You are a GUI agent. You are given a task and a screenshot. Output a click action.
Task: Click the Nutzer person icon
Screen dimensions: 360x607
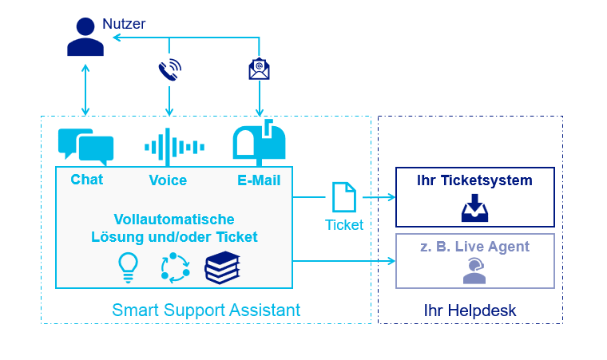pyautogui.click(x=85, y=38)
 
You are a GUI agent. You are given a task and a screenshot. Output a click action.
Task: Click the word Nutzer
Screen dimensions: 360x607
pyautogui.click(x=125, y=24)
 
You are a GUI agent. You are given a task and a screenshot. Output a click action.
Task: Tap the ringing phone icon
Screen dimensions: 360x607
pyautogui.click(x=169, y=70)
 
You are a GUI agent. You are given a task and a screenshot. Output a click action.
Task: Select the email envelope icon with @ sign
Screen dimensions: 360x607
pyautogui.click(x=259, y=70)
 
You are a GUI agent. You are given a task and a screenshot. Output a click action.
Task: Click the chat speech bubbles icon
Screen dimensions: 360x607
pyautogui.click(x=86, y=146)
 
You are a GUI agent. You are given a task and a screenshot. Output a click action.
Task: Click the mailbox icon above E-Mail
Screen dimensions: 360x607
pyautogui.click(x=257, y=143)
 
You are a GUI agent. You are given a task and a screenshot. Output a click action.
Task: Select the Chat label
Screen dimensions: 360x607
pyautogui.click(x=87, y=180)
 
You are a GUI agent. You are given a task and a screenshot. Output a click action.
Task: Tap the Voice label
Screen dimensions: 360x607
pyautogui.click(x=168, y=180)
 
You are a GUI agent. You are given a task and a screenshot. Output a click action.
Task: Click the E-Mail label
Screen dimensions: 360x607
pyautogui.click(x=258, y=180)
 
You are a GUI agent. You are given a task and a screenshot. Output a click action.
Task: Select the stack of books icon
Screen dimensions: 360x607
pyautogui.click(x=222, y=267)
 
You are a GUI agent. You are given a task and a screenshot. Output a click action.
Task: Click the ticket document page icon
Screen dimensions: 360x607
pyautogui.click(x=343, y=198)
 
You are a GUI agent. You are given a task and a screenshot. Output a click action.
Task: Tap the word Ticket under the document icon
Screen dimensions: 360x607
pyautogui.click(x=344, y=225)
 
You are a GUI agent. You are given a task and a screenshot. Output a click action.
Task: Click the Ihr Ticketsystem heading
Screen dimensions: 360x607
pyautogui.click(x=474, y=180)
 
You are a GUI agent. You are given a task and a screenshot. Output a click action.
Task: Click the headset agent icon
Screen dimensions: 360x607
pyautogui.click(x=474, y=271)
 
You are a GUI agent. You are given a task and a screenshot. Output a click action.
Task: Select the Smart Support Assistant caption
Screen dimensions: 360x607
pyautogui.click(x=206, y=310)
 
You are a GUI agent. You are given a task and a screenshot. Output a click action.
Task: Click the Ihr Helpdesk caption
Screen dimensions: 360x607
pyautogui.click(x=470, y=310)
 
